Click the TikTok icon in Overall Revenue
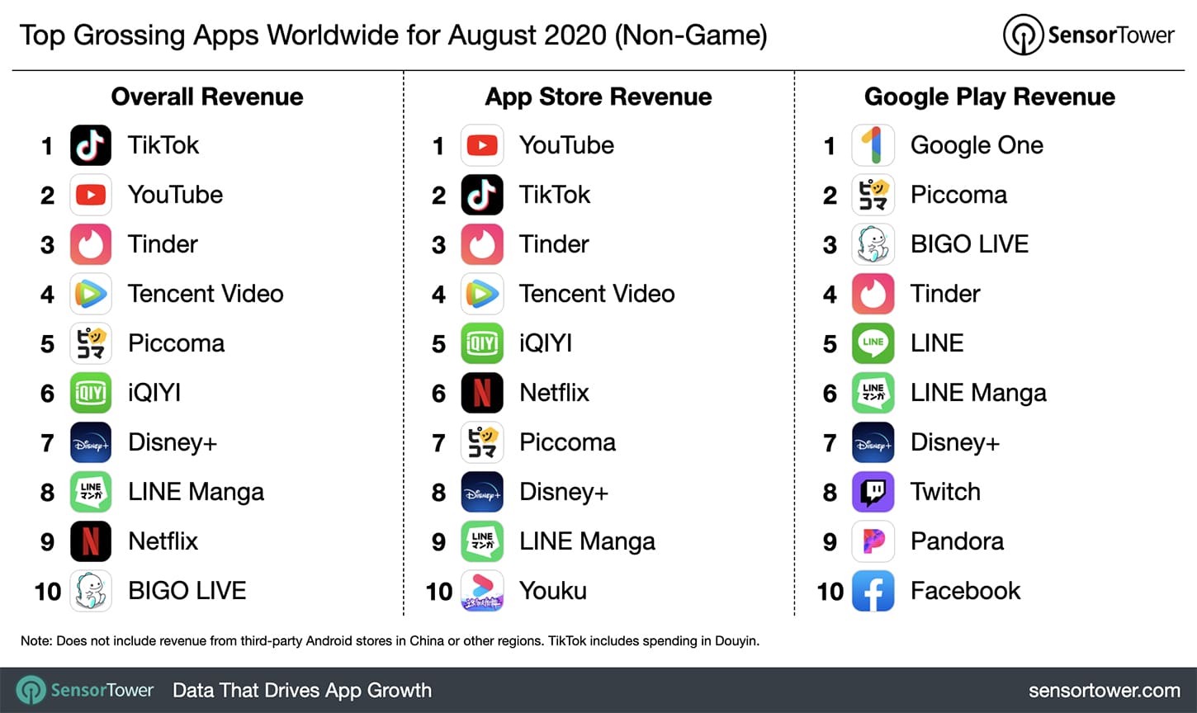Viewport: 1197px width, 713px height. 91,145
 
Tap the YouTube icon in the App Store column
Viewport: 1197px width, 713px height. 482,145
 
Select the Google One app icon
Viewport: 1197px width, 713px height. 873,145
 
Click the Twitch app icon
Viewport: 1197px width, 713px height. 873,492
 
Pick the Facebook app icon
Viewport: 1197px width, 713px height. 873,591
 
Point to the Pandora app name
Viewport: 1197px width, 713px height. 957,541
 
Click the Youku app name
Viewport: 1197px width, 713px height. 553,591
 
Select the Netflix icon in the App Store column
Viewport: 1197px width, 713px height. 482,393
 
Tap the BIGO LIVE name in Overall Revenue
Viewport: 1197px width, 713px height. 187,591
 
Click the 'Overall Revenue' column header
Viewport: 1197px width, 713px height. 207,97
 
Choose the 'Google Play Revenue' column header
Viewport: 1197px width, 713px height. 990,97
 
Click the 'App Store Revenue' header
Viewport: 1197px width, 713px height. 598,97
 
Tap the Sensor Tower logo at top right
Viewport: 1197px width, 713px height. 1088,35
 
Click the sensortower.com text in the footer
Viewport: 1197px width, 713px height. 1105,691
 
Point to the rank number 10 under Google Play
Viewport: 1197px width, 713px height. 830,592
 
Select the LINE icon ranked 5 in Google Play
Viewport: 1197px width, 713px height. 873,343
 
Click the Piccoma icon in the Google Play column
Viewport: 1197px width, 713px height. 873,195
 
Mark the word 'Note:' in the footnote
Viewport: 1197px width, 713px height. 36,641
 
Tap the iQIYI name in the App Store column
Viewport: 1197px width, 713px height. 546,343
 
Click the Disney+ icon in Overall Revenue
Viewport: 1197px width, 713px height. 91,442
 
